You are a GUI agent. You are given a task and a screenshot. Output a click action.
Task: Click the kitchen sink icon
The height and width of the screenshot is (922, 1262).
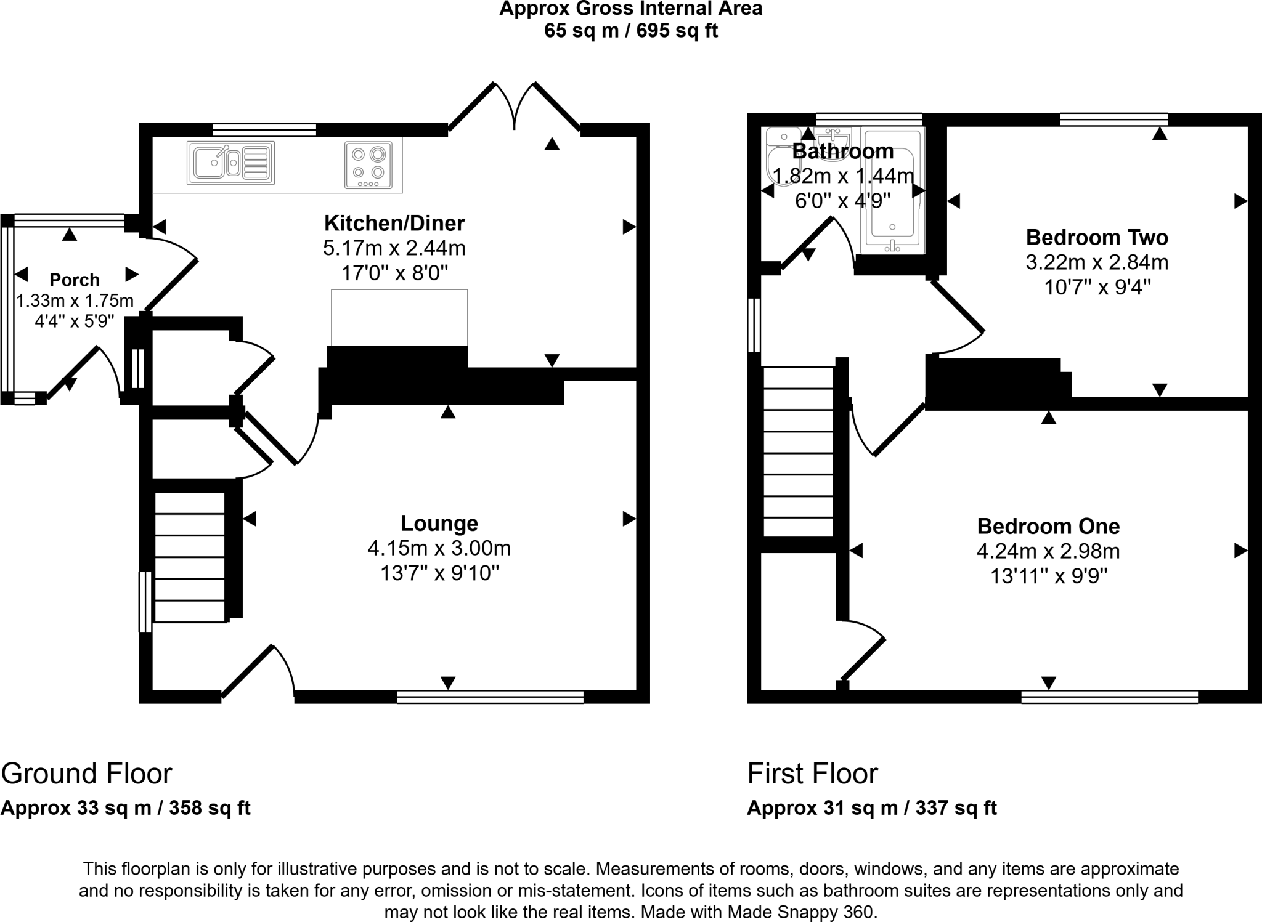tap(230, 163)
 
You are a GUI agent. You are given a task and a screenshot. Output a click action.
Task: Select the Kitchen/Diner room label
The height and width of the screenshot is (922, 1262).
tap(394, 222)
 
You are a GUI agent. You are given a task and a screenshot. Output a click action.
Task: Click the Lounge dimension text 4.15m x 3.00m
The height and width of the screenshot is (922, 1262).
tap(439, 548)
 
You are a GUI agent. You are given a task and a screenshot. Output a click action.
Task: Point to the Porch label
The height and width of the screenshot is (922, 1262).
tap(75, 280)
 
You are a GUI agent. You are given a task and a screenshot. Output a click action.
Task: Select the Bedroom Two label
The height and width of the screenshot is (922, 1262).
tap(1097, 237)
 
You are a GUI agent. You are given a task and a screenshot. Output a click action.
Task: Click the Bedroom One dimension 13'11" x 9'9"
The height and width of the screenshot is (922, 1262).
tap(1049, 576)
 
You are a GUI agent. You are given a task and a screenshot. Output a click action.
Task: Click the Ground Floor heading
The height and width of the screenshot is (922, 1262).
tap(86, 774)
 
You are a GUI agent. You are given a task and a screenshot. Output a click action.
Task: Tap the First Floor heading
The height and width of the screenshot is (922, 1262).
tap(812, 774)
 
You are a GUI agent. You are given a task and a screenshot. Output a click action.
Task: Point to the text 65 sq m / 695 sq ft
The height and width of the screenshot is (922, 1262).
tap(630, 30)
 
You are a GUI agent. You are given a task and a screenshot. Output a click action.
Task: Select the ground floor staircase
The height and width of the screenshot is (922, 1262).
tap(189, 557)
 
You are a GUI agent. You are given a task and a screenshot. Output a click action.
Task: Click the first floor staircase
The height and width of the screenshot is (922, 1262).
tap(799, 452)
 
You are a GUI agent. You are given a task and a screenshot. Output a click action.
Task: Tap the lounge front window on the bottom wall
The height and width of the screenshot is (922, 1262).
tap(490, 697)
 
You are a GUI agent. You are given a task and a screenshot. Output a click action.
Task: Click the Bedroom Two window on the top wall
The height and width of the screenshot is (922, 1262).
tap(1114, 119)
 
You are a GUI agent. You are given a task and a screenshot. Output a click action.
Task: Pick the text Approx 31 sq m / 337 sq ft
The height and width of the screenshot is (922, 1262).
tap(871, 807)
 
